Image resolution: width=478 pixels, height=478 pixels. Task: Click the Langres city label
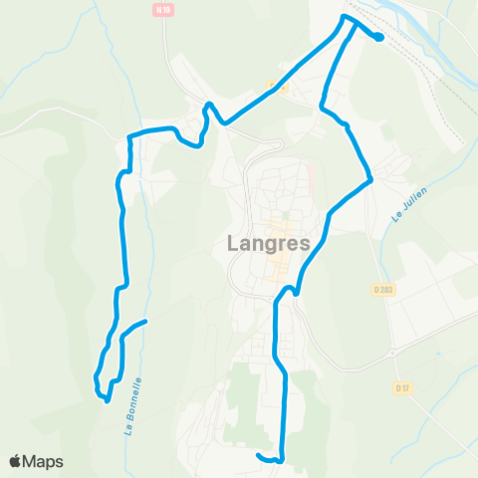coord(265,244)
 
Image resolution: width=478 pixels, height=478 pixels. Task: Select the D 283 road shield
coord(383,290)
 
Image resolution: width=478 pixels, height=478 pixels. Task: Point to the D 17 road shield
coord(402,387)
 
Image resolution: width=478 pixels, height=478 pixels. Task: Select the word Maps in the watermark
coord(44,461)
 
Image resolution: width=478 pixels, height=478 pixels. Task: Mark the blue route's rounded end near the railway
coord(380,38)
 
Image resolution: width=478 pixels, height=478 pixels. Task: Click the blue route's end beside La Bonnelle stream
coord(145,322)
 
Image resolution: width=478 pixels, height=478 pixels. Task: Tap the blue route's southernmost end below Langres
coord(259,456)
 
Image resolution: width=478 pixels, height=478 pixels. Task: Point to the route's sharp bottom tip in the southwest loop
coord(107,400)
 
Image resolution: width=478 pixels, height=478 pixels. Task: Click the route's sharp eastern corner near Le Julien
coord(371,180)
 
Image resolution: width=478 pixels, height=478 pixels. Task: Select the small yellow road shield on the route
coord(282,87)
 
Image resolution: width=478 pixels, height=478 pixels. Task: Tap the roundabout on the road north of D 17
coord(394,352)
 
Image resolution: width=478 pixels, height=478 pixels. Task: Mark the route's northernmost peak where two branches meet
coord(346,17)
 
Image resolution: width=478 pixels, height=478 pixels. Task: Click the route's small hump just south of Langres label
coord(289,290)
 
